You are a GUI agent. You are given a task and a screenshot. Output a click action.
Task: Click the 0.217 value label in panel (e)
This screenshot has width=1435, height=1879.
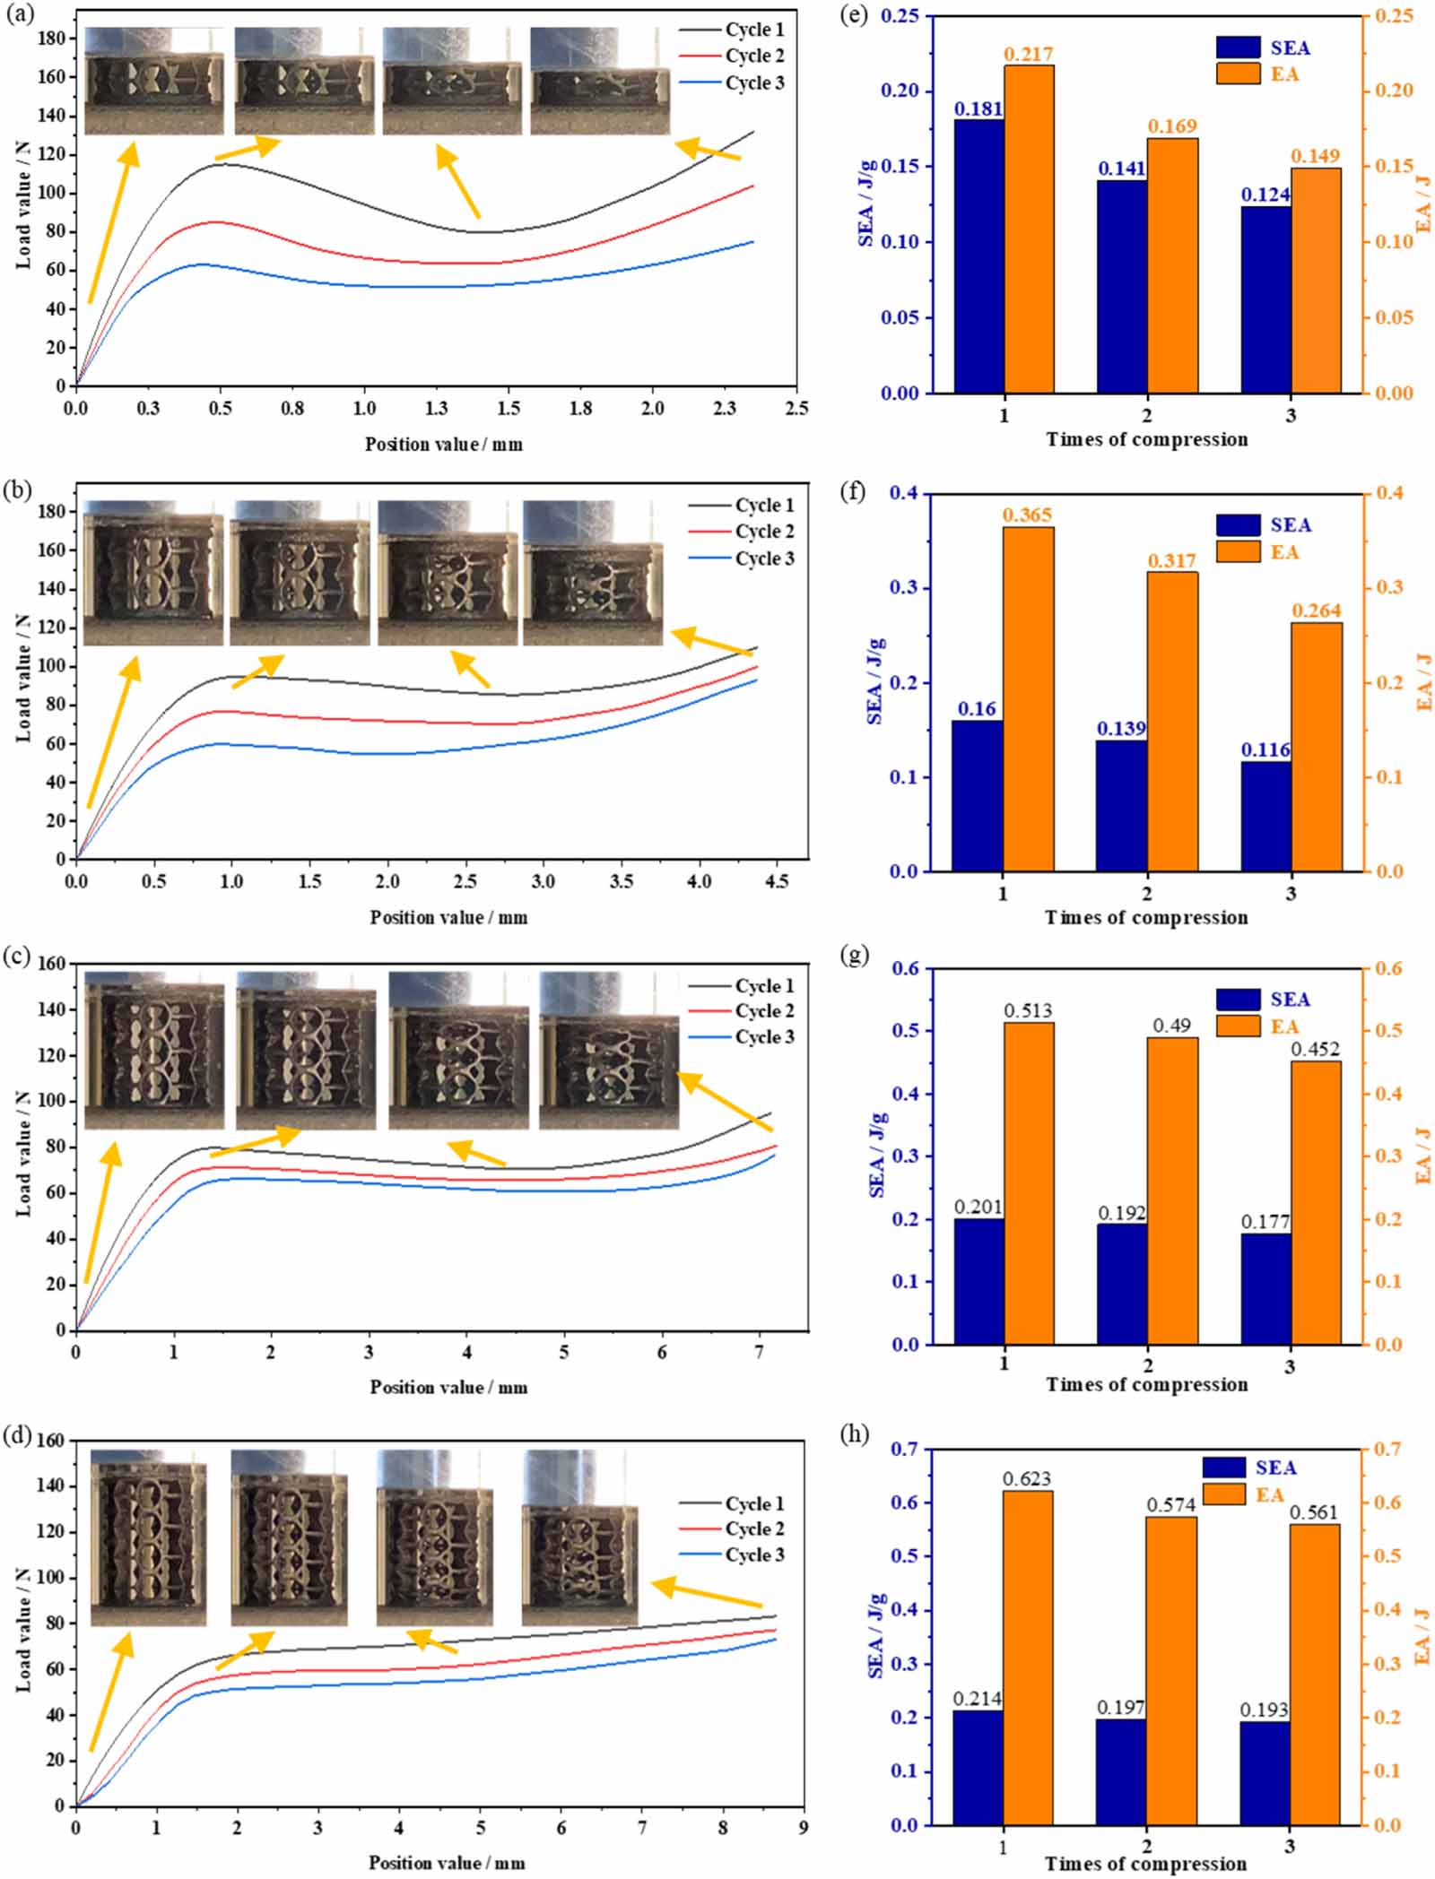(1028, 55)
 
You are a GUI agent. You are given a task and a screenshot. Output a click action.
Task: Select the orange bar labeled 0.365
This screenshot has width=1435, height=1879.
(1028, 698)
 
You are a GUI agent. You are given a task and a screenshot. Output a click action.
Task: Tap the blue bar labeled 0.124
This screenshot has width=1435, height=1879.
(1265, 299)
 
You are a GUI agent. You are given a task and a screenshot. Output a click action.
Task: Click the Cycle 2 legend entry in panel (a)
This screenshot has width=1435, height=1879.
(753, 56)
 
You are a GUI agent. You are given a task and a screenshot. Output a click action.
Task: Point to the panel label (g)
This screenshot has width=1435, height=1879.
(856, 956)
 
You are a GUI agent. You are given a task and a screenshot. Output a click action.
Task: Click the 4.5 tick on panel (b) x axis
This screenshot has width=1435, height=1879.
(777, 882)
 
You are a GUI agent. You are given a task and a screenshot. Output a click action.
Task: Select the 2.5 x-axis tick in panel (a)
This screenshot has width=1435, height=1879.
(796, 409)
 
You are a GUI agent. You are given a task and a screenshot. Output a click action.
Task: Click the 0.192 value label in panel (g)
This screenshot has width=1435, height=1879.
(1122, 1213)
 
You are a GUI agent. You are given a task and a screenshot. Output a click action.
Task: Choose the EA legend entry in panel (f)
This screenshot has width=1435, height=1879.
(1283, 552)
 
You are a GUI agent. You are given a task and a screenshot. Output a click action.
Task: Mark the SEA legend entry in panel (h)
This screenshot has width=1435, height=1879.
(1274, 1468)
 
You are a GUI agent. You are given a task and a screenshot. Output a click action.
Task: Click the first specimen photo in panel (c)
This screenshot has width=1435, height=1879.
(153, 1050)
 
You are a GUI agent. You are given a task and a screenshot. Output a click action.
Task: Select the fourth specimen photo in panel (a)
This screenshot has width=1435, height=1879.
(599, 82)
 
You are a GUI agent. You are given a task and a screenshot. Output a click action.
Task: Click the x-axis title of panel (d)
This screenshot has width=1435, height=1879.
(447, 1863)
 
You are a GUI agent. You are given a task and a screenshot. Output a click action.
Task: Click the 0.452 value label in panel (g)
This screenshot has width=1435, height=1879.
(1315, 1049)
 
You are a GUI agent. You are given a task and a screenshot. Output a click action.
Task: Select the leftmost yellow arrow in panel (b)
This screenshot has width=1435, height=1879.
(113, 731)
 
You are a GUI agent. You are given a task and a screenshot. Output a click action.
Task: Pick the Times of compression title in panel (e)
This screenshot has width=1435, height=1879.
(1146, 439)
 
